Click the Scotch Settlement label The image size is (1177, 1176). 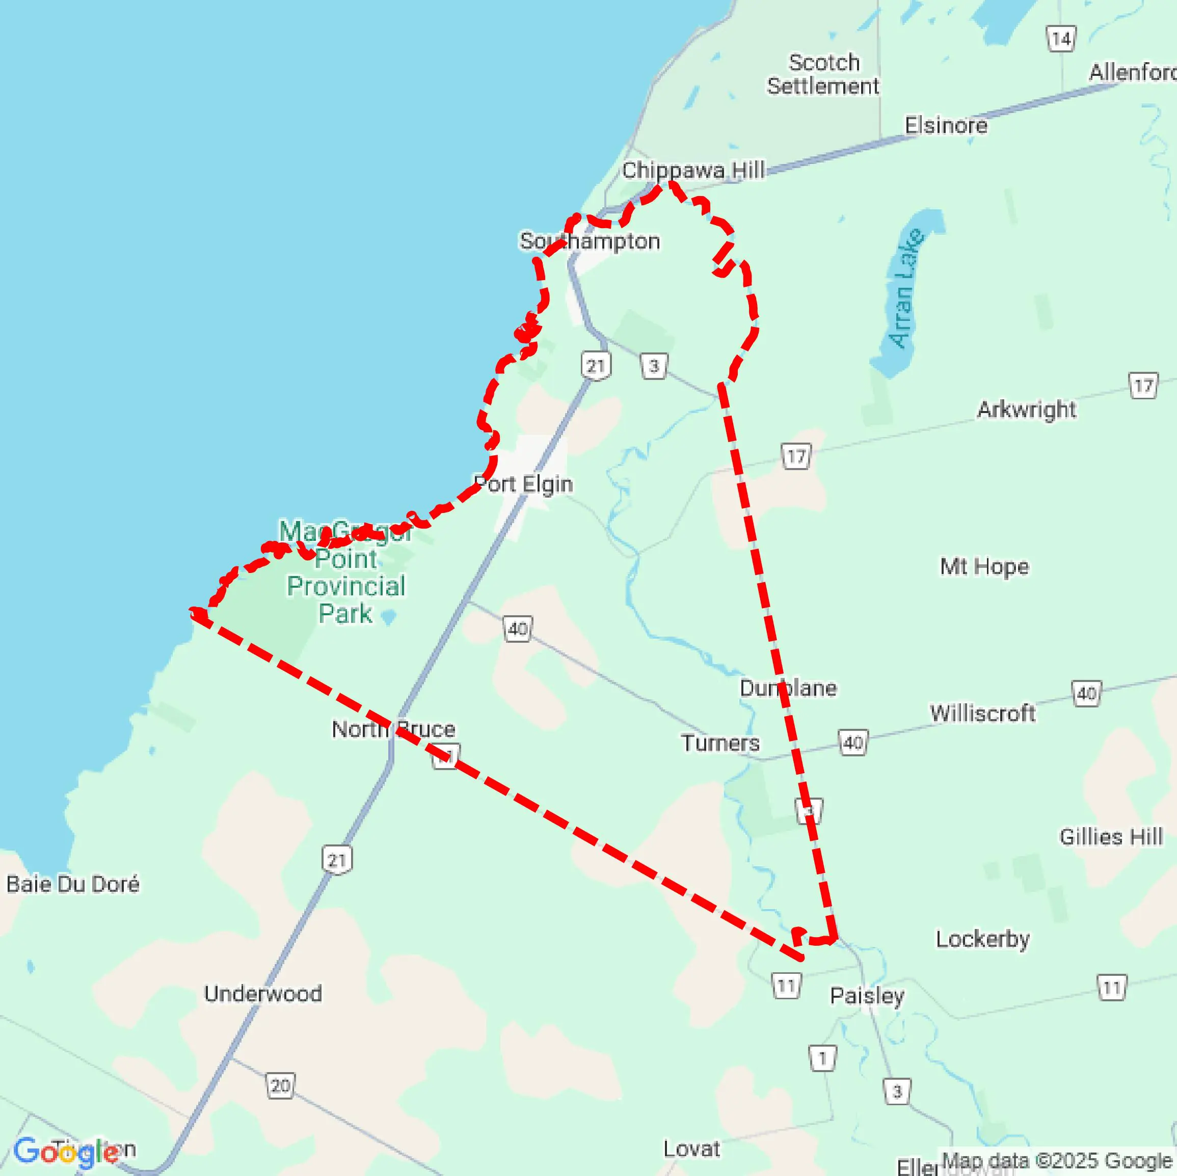coord(822,74)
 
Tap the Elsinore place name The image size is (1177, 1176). coord(946,125)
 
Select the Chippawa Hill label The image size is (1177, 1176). coord(692,171)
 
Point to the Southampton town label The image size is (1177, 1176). coord(589,241)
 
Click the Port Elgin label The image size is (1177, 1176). coord(523,484)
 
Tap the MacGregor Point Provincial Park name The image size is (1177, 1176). coord(345,572)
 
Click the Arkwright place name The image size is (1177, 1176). coord(1027,409)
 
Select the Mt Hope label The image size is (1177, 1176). coord(984,566)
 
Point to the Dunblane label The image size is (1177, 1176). coord(788,688)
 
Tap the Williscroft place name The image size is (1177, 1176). coord(982,713)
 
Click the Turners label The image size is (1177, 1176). coord(720,743)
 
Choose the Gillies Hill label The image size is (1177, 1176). coord(1111,837)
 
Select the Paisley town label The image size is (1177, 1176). coord(867,996)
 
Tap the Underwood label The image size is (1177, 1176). coord(262,993)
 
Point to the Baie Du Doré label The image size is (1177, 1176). coord(72,884)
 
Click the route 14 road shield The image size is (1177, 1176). coord(1061,40)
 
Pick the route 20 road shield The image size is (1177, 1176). coord(280,1085)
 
